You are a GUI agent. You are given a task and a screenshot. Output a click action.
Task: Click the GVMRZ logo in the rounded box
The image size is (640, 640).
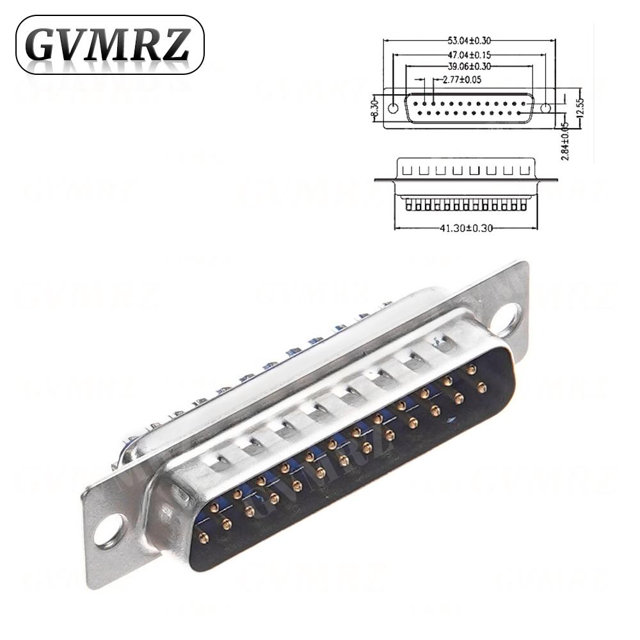coord(109,45)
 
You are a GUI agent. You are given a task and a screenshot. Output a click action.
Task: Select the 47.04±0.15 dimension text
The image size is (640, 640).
coord(469,56)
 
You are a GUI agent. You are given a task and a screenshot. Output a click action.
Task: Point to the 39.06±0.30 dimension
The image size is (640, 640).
coord(469,68)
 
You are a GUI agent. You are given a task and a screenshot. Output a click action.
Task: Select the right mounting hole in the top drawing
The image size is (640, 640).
coord(545,108)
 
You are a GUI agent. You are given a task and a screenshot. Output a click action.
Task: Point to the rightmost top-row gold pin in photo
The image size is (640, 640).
coord(472,369)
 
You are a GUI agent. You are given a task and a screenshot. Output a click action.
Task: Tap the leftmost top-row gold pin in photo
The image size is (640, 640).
coord(214,508)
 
